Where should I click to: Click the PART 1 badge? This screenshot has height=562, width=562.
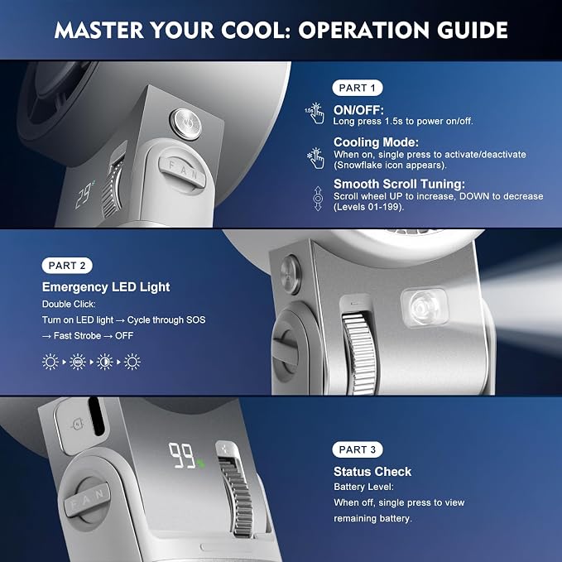358,88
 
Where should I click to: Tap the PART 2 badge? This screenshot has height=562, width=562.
67,266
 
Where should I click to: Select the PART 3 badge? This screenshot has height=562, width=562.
358,449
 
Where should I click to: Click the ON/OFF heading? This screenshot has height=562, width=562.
358,110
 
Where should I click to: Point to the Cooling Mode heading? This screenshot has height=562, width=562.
376,142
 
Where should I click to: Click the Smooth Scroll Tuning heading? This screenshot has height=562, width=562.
399,184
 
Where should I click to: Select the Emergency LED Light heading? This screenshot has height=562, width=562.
106,287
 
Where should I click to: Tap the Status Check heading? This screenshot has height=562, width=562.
372,471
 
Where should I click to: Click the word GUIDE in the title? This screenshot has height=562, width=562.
473,30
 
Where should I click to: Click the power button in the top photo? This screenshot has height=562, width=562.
185,124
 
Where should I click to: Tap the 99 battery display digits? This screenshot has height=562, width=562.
183,455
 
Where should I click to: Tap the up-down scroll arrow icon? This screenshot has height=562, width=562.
318,198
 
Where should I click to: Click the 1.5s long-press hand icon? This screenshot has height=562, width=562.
315,113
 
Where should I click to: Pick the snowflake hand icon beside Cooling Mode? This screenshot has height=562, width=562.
315,158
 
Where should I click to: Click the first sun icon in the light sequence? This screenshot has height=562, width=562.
50,362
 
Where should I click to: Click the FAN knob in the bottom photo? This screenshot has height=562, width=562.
87,499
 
